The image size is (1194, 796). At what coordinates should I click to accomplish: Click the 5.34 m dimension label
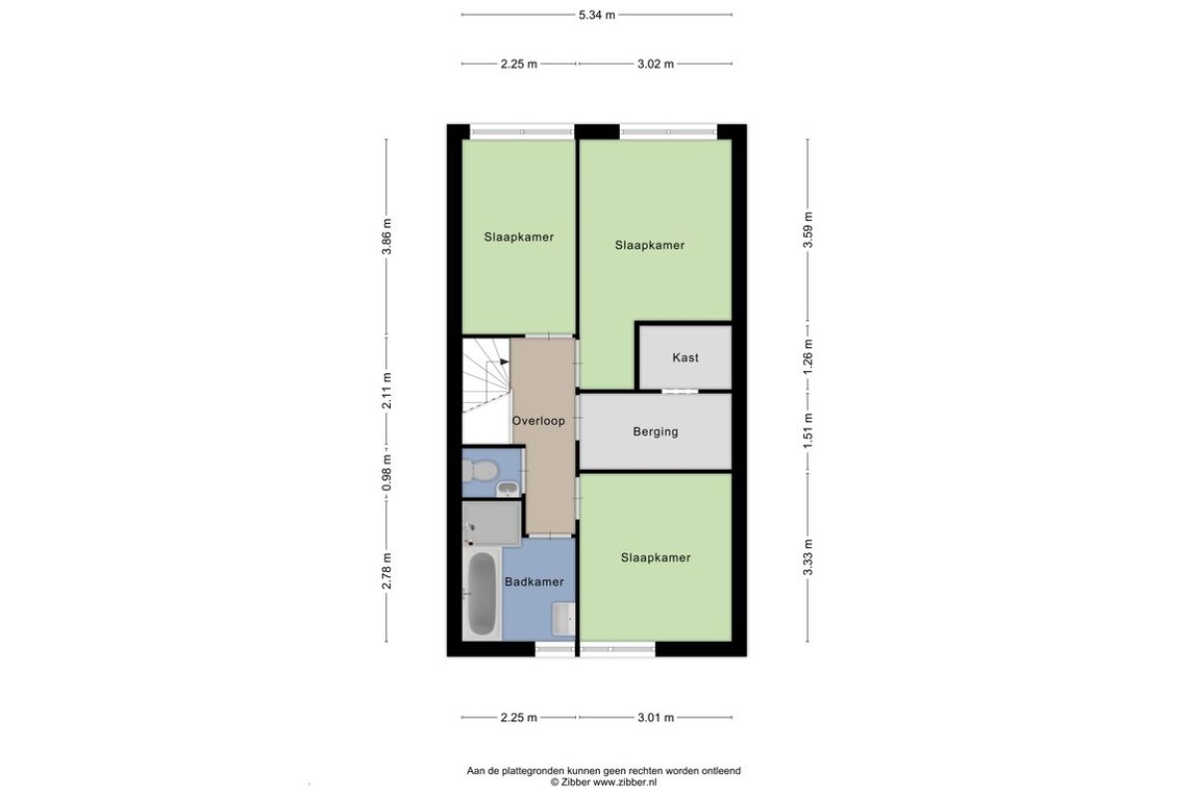596,15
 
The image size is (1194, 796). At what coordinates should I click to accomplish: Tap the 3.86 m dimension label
387,237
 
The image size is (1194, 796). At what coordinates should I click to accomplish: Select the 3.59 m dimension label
808,230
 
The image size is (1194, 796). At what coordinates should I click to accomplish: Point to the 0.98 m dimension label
387,473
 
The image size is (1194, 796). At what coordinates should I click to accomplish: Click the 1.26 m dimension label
808,356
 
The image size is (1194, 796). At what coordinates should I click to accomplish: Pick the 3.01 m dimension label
656,717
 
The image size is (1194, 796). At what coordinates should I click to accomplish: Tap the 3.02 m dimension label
656,64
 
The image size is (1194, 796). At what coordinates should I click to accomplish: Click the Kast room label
686,357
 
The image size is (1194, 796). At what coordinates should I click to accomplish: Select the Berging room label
656,431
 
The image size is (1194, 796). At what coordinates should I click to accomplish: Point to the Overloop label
538,421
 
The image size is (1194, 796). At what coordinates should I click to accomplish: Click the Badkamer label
534,582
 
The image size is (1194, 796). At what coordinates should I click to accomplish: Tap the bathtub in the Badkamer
482,593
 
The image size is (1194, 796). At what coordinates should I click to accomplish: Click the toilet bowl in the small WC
482,471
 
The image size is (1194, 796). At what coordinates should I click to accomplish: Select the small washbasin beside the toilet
508,488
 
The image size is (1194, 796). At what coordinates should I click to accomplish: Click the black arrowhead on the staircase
504,362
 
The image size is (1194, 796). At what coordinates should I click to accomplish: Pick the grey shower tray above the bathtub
492,523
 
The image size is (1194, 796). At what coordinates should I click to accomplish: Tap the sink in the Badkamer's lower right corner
563,619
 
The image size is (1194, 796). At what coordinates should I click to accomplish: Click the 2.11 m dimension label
387,391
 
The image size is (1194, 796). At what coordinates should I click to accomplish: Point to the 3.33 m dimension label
808,557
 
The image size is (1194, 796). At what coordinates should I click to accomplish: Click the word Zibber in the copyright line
576,782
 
